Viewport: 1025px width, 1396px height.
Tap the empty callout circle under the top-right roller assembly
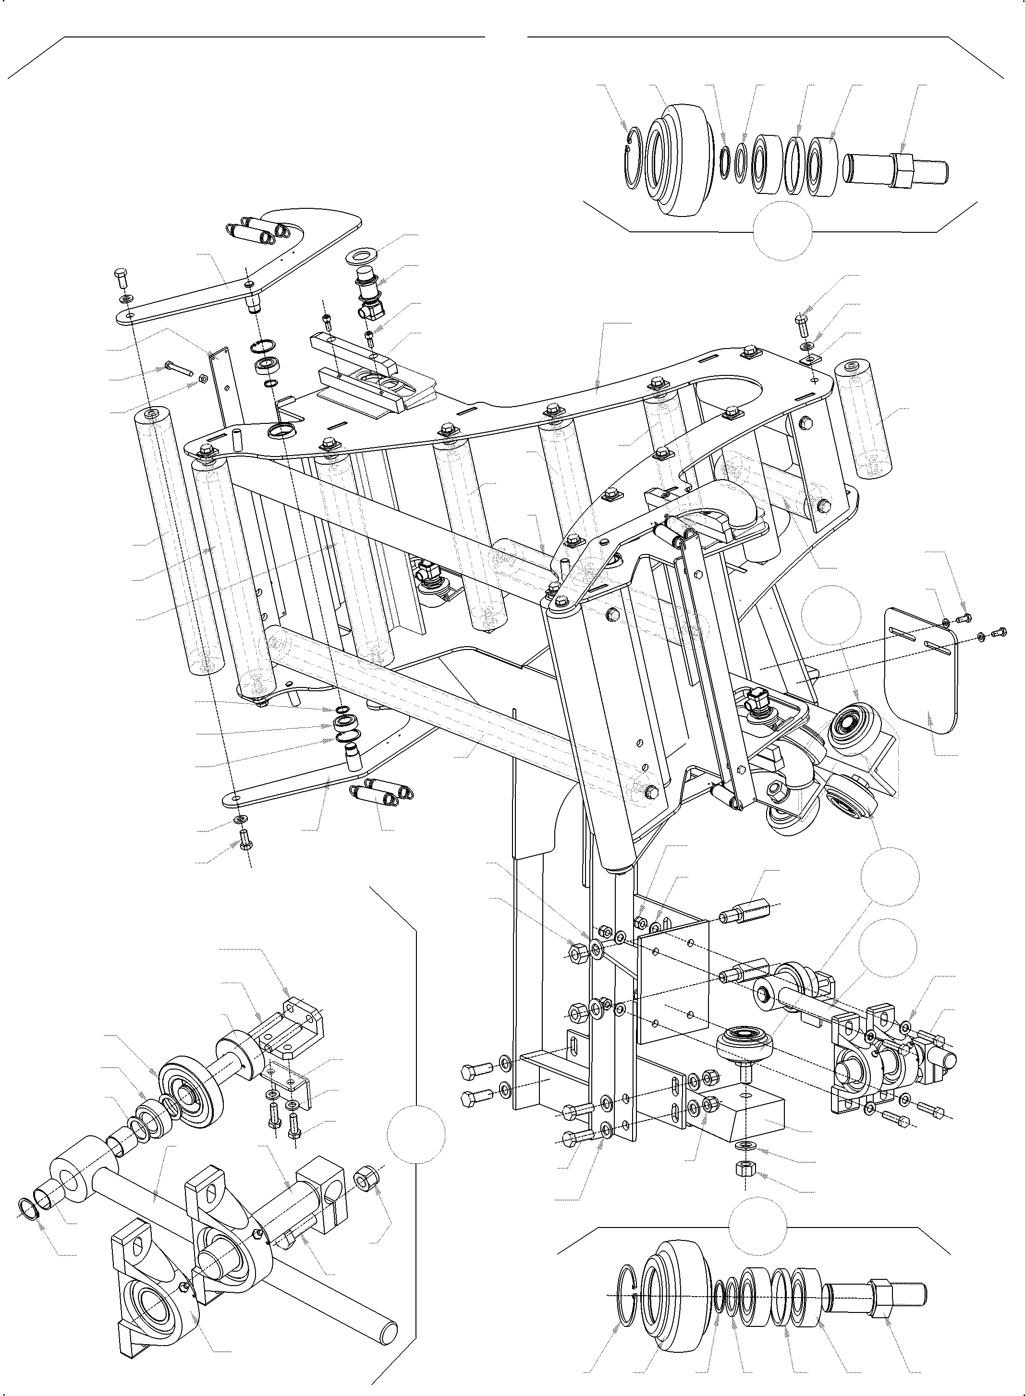[782, 229]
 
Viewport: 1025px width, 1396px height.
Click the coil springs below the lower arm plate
[380, 792]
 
